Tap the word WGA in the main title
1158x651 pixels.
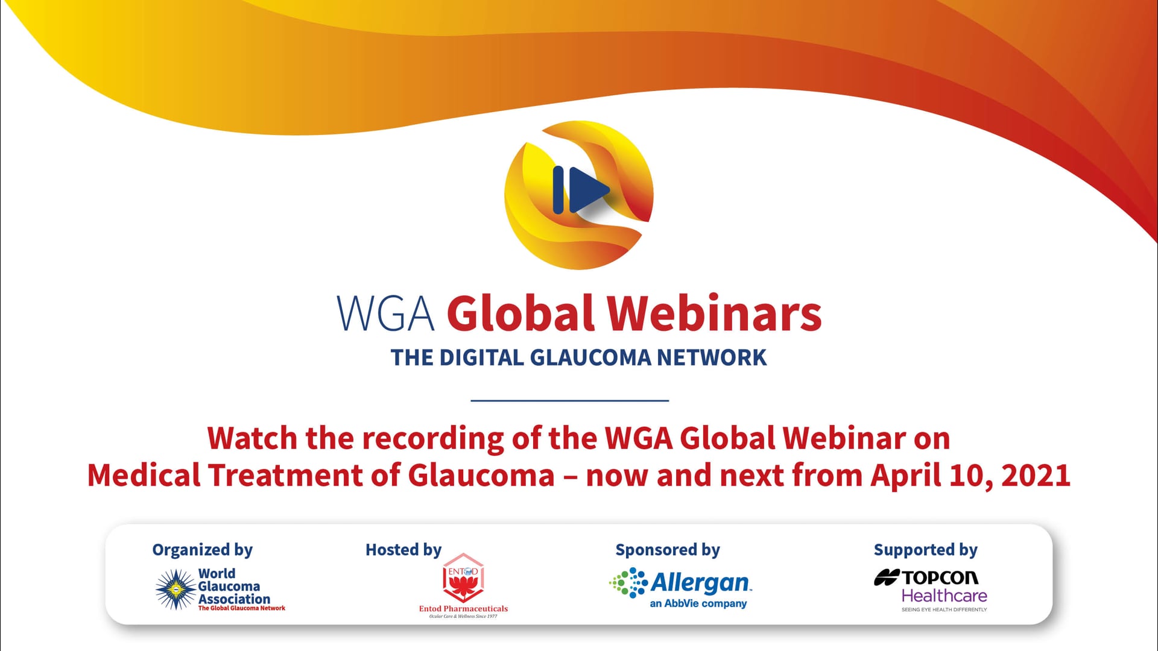click(385, 313)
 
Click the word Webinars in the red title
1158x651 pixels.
click(714, 313)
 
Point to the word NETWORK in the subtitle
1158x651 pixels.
click(712, 357)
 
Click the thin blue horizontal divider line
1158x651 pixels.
click(570, 400)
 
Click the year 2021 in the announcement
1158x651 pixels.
click(1036, 476)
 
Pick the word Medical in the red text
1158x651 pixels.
click(144, 476)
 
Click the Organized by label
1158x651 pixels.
click(203, 550)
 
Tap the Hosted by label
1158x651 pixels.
click(403, 550)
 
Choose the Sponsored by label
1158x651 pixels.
click(668, 550)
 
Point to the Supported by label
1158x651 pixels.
click(926, 550)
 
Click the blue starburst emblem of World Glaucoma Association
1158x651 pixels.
click(176, 590)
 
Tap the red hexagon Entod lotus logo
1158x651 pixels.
click(463, 578)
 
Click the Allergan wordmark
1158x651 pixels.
click(701, 583)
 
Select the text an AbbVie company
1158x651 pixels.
click(698, 603)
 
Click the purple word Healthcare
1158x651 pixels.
click(944, 596)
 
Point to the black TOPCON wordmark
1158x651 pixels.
click(940, 577)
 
